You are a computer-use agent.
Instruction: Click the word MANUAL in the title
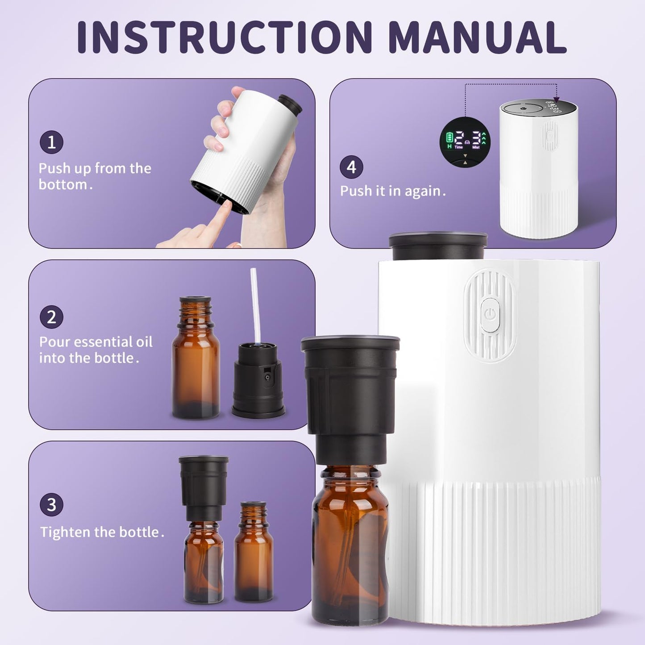(x=477, y=37)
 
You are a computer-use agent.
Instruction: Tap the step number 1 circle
(x=51, y=142)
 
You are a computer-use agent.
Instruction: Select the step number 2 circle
(x=51, y=317)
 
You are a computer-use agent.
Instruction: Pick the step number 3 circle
(x=51, y=505)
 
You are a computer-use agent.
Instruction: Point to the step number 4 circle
(x=351, y=167)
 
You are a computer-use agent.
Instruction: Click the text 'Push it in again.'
(x=393, y=191)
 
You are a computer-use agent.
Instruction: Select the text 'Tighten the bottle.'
(x=102, y=532)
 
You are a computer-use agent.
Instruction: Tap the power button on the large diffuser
(x=490, y=315)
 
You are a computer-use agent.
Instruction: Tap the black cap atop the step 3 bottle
(x=204, y=487)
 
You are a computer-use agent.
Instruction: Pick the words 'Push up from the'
(x=95, y=168)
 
